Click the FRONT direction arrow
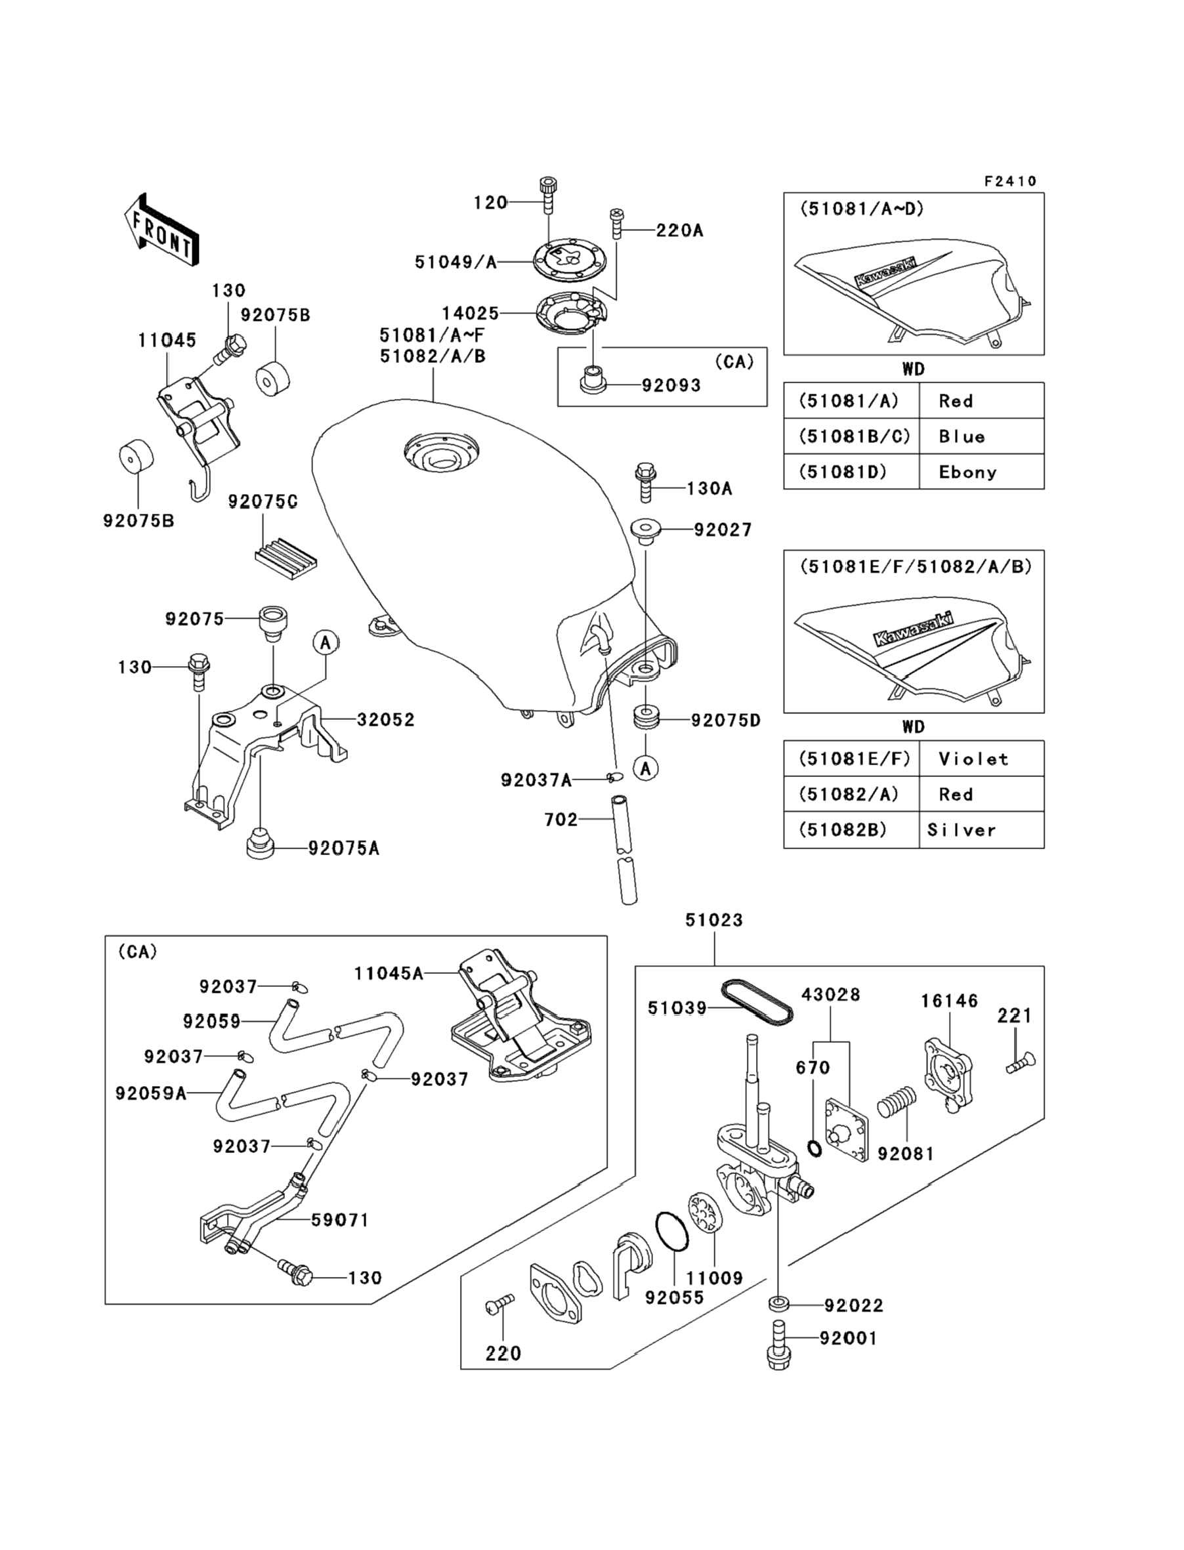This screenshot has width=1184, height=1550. point(161,230)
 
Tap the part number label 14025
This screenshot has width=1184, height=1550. point(470,313)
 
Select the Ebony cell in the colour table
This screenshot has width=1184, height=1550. point(967,472)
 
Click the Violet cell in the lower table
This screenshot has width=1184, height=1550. point(973,759)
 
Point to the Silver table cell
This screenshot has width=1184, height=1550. point(962,830)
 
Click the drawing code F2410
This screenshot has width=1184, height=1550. point(1010,182)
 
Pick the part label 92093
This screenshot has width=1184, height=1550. point(671,385)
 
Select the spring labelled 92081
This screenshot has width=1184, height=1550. point(897,1101)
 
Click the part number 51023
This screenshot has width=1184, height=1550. point(714,920)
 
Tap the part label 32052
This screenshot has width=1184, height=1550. point(385,719)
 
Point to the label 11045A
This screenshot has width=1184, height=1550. point(389,974)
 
